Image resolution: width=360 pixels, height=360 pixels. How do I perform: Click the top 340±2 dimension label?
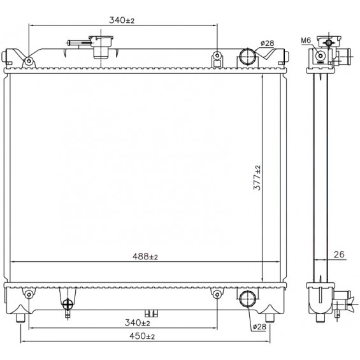click(122, 20)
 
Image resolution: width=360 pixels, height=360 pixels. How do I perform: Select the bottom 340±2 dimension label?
click(137, 323)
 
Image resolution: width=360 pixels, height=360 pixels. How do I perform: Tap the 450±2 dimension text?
click(142, 336)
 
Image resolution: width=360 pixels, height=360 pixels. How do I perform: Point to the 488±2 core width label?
click(145, 256)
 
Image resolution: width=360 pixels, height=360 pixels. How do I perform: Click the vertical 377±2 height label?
click(257, 178)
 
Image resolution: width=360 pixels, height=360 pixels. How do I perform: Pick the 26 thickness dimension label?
click(339, 254)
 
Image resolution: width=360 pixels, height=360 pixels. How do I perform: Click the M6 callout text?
click(306, 41)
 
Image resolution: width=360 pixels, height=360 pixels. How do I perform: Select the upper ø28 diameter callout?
click(267, 43)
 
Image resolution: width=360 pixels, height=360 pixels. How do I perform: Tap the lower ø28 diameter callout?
click(259, 326)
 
